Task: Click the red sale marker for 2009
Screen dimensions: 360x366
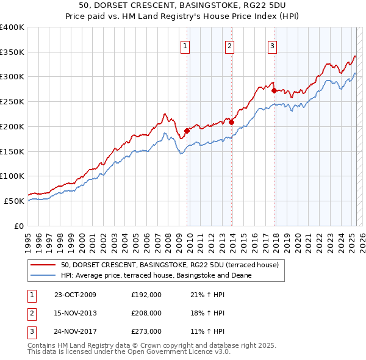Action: tap(187, 130)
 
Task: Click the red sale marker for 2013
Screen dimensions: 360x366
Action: tap(232, 122)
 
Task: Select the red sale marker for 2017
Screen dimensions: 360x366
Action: tap(274, 90)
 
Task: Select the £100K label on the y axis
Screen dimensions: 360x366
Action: tap(12, 176)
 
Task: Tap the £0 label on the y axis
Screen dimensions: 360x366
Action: tap(19, 226)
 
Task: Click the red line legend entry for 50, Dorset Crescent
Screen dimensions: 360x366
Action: tap(169, 265)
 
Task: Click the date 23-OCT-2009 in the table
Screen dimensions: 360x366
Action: tap(75, 295)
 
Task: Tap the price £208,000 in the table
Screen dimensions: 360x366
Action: tap(146, 313)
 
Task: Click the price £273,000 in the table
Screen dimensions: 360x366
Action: tap(146, 331)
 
